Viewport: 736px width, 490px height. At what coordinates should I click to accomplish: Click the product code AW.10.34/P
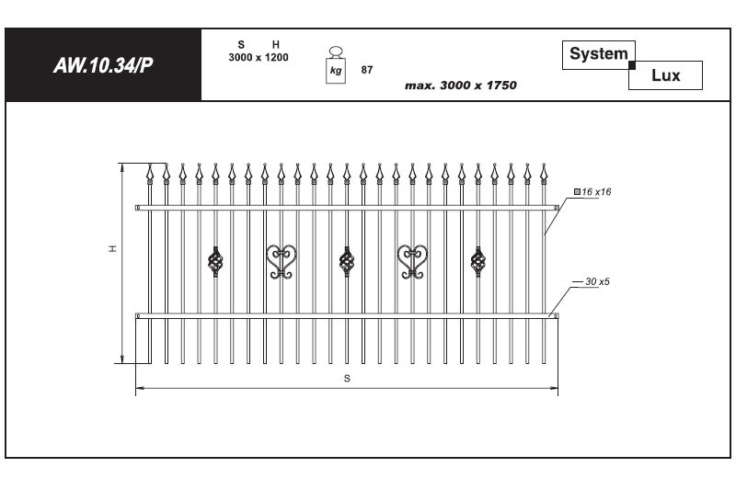pos(103,65)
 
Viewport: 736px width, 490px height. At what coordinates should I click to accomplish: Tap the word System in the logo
pos(599,54)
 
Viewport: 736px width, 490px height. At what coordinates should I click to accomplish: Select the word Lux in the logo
pos(665,75)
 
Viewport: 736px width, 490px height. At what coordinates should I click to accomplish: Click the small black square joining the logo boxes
pos(632,65)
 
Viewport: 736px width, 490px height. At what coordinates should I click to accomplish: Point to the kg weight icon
pos(336,65)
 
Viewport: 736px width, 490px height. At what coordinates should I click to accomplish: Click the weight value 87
pos(367,70)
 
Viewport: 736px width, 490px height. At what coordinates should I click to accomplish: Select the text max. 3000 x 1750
pos(461,85)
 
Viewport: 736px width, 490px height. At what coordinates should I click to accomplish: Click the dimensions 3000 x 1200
pos(259,58)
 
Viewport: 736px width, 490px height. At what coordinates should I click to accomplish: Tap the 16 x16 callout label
pos(592,192)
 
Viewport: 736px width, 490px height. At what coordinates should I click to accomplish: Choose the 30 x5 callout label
pos(597,281)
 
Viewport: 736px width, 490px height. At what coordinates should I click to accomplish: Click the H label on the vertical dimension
pos(112,248)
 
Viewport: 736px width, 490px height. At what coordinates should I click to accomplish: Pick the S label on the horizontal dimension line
pos(347,379)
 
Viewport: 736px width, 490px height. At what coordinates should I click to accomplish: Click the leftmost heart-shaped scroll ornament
pos(282,262)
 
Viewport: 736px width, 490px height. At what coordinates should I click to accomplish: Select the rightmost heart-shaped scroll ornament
pos(412,262)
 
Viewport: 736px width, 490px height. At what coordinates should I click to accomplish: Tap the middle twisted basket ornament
pos(347,262)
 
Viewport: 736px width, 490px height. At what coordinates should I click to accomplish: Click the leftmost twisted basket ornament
pos(215,262)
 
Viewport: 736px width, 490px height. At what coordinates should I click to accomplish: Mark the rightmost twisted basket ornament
pos(478,262)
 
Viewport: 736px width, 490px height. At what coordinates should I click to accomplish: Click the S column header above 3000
pos(241,44)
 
